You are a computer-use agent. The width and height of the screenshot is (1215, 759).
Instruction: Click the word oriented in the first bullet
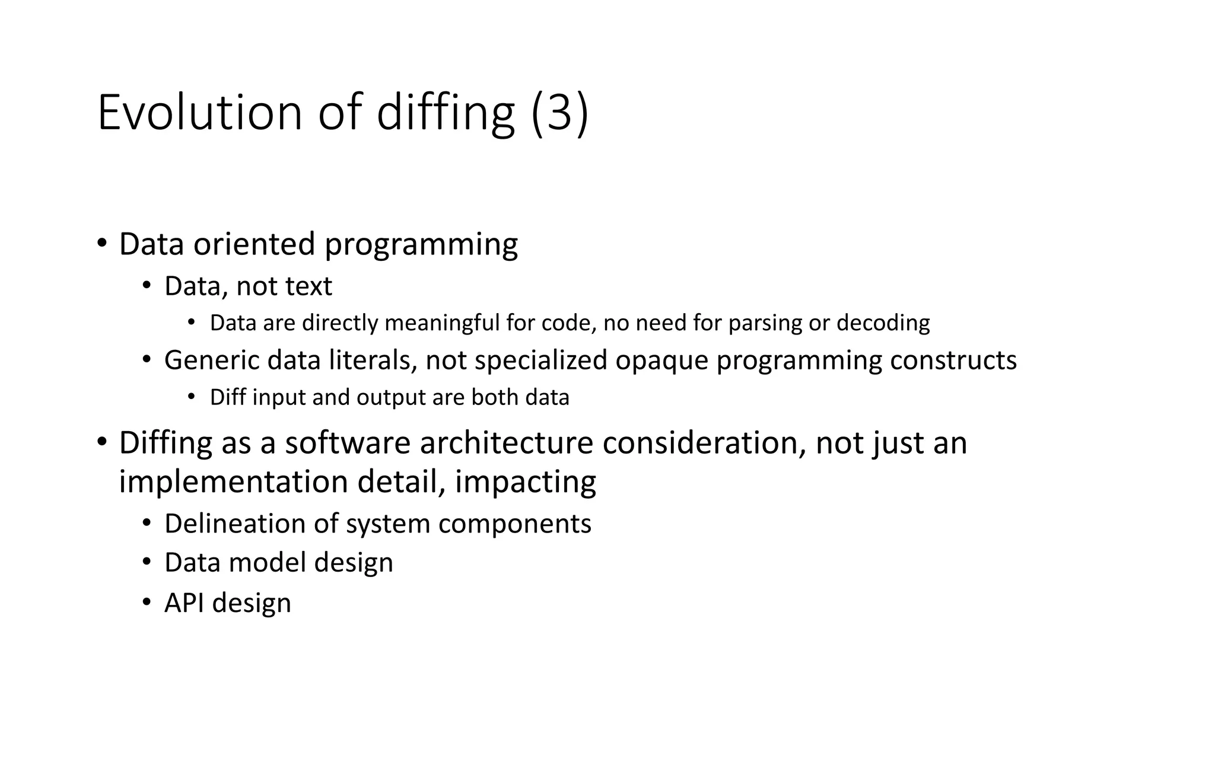[x=254, y=244]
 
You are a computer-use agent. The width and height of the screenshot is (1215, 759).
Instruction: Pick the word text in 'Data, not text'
[x=308, y=286]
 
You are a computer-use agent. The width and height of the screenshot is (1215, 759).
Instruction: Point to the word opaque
[x=661, y=360]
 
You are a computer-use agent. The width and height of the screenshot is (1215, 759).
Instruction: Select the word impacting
[x=525, y=481]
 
